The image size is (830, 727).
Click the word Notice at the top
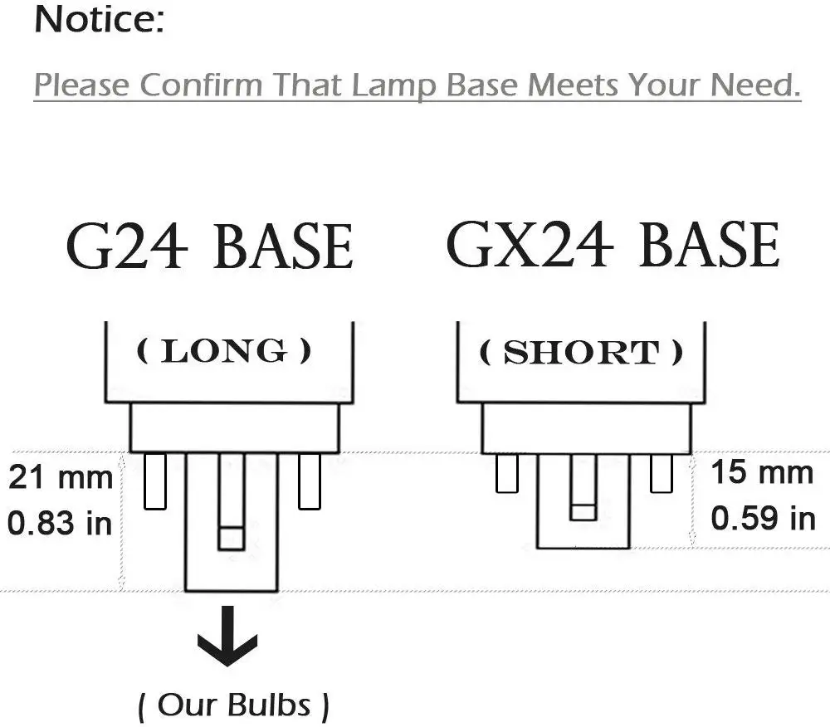coord(99,22)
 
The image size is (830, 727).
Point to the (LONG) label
coord(224,352)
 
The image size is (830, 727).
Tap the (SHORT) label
coord(581,354)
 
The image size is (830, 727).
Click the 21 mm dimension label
coord(61,478)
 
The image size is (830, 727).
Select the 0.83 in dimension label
coord(61,524)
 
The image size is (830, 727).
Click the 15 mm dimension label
coord(762,473)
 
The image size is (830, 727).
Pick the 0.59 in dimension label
coord(762,519)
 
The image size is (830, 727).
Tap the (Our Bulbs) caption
coord(233,705)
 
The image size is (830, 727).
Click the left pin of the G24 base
coord(155,481)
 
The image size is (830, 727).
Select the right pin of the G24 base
coord(310,481)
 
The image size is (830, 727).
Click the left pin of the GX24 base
coord(506,474)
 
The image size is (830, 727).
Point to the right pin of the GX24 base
coord(661,474)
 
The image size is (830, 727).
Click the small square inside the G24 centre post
coord(231,538)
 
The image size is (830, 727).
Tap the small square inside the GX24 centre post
coord(583,510)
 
